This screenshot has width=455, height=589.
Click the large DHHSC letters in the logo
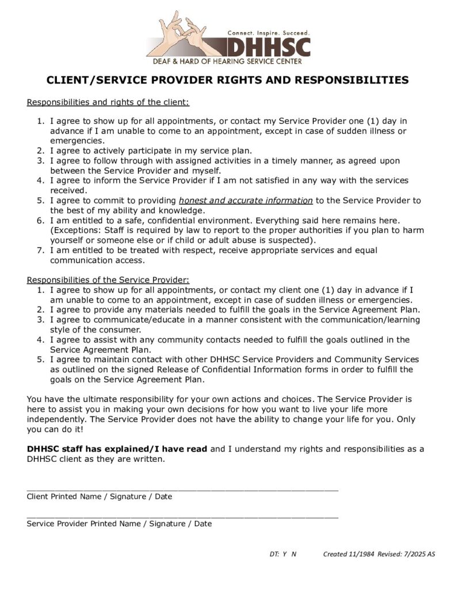click(x=269, y=47)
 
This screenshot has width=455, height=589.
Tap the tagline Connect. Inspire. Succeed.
click(x=269, y=33)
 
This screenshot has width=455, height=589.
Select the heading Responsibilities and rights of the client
click(x=108, y=102)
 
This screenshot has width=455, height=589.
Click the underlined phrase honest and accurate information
click(x=246, y=200)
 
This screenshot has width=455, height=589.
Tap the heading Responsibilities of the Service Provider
click(x=108, y=280)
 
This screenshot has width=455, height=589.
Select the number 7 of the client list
click(x=40, y=250)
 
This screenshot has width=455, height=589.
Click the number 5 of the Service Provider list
click(x=40, y=359)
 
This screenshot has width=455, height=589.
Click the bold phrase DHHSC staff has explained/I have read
click(x=117, y=449)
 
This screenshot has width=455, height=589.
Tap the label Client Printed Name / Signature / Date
click(x=100, y=496)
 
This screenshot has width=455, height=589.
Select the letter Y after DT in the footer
click(x=284, y=554)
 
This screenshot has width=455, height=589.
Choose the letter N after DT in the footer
click(x=294, y=554)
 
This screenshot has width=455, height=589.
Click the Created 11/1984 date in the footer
click(x=349, y=554)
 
